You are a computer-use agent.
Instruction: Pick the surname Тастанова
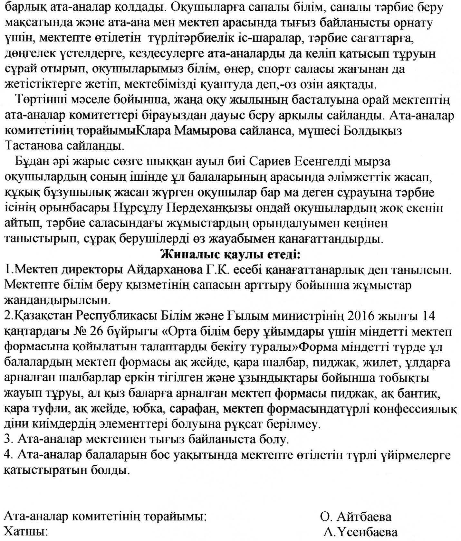(34, 146)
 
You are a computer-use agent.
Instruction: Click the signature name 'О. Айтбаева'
(356, 517)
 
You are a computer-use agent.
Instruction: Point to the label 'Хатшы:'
(26, 532)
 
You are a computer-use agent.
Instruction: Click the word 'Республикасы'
(116, 316)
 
